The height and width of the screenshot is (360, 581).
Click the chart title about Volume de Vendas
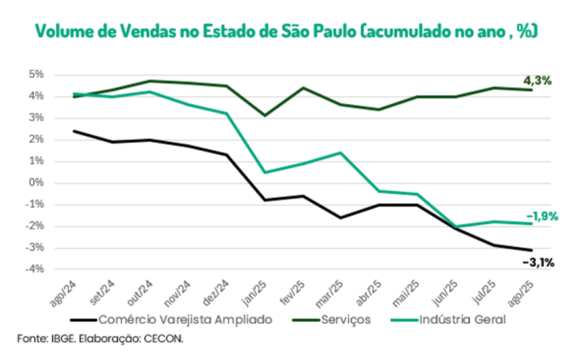pos(287,30)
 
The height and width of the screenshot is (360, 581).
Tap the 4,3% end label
pos(536,81)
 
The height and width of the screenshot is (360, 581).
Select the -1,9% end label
pos(542,216)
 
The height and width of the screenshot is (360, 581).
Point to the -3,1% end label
pos(538,263)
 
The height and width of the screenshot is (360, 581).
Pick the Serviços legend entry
pos(347,319)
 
